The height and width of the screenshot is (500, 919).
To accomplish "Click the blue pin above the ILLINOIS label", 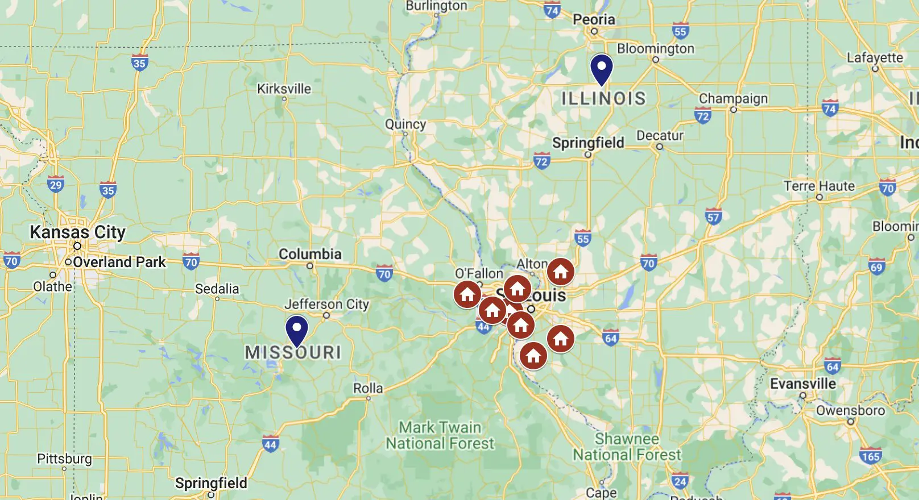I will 601,69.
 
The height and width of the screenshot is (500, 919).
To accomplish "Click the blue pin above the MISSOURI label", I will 296,330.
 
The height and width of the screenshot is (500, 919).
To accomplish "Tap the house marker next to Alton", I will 560,272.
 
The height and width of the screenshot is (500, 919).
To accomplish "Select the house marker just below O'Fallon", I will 467,294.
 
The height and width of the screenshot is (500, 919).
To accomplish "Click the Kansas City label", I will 77,232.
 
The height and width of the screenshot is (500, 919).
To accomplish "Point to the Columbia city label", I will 310,254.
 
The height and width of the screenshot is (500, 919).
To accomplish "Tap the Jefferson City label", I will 326,304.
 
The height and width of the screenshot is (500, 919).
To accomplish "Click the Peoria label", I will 594,19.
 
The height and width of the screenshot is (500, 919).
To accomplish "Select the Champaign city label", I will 733,98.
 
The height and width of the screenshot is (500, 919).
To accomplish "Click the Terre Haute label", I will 819,186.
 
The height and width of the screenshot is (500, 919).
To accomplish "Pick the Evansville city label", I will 803,384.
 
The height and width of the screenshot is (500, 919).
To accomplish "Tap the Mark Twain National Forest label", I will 440,435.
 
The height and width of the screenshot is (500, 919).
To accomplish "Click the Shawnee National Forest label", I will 627,447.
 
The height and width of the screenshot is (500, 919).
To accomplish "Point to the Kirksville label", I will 284,89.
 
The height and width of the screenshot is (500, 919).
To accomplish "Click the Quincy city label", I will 405,124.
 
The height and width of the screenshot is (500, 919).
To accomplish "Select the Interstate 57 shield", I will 713,216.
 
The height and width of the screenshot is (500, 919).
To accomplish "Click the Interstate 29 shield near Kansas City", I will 55,185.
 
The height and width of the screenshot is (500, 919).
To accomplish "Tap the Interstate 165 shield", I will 870,456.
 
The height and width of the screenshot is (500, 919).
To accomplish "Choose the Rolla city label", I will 368,388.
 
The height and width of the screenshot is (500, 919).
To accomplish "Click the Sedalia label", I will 217,289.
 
